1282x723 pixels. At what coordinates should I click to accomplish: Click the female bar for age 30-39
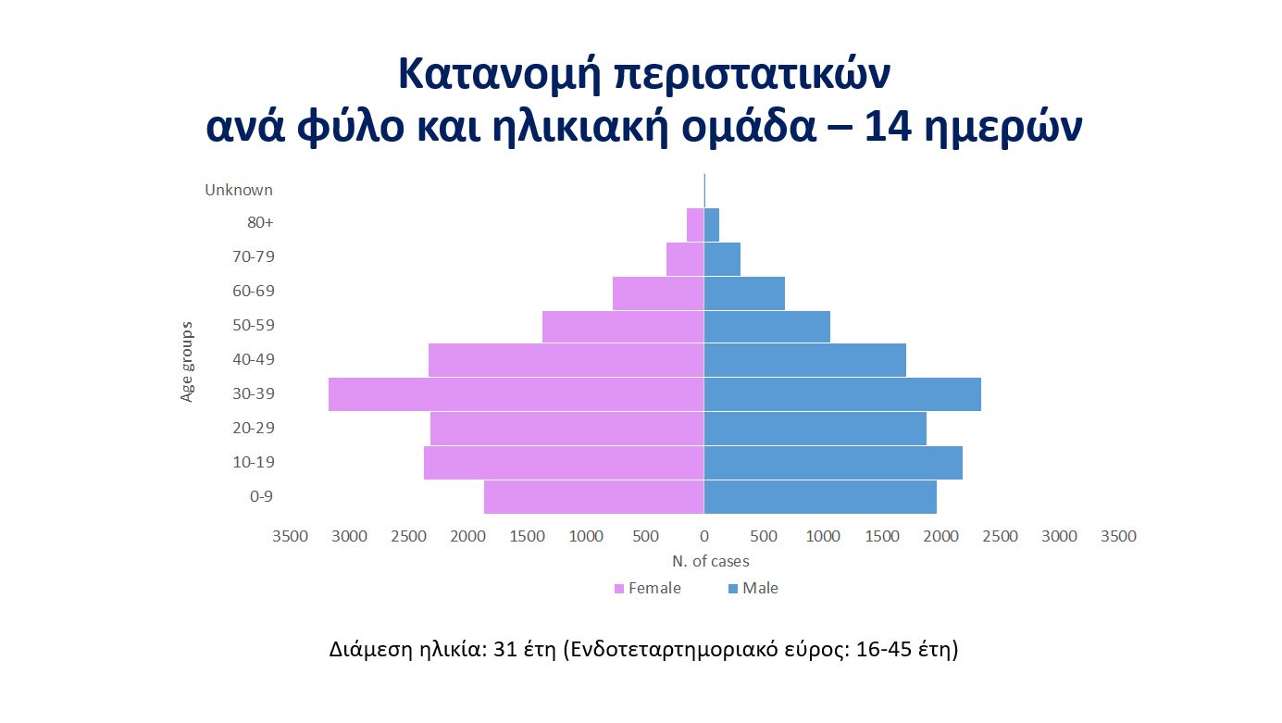point(517,393)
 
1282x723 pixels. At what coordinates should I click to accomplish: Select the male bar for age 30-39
point(842,393)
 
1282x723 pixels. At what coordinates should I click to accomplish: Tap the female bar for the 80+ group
point(695,224)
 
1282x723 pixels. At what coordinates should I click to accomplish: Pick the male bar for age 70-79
point(722,259)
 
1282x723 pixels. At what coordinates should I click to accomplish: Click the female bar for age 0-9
point(594,497)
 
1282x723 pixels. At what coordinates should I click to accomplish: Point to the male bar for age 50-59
point(767,327)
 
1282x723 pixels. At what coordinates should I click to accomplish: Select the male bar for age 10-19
point(833,463)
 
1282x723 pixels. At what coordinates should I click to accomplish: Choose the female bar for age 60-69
point(658,293)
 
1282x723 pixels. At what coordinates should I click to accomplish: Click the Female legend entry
point(647,588)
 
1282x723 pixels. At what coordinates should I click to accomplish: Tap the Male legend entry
point(753,588)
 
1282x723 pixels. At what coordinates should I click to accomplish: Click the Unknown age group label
point(239,190)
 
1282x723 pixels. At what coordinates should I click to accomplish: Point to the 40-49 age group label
point(254,359)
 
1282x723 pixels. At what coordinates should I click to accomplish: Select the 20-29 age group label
point(254,428)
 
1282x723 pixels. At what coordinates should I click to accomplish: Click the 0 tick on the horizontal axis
point(704,536)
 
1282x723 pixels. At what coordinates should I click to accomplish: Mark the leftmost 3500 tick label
point(290,536)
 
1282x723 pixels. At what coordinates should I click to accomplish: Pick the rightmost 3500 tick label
point(1118,536)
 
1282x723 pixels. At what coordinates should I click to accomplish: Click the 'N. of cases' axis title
point(710,561)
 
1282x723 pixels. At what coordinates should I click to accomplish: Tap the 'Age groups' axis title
point(187,362)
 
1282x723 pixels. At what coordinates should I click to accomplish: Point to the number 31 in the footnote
point(505,649)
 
